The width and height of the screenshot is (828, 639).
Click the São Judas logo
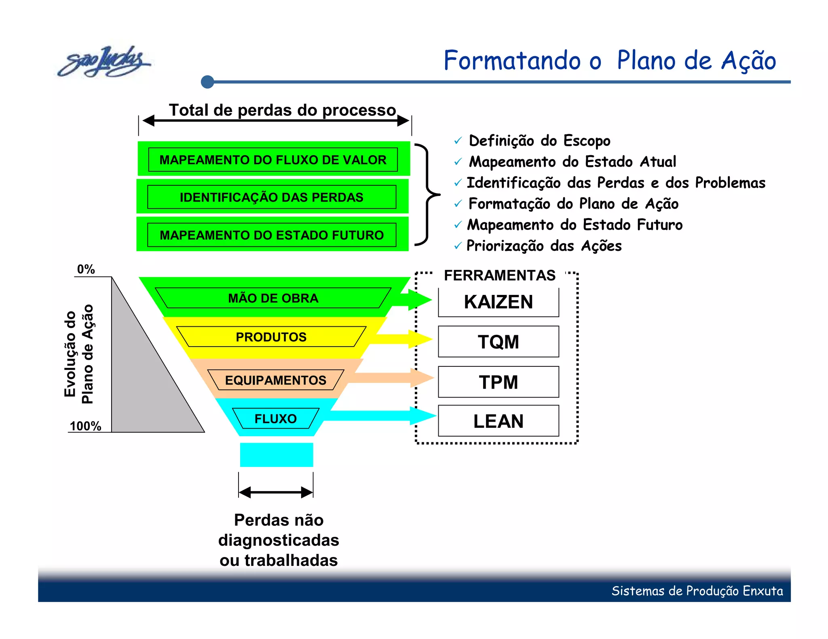point(104,62)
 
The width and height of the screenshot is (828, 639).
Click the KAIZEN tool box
point(498,302)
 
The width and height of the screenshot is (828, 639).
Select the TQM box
point(498,342)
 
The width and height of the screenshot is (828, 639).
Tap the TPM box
point(498,382)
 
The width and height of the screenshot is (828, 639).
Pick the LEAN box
point(498,421)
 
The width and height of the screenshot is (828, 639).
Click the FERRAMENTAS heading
point(499,275)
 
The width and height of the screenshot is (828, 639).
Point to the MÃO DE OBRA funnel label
point(273,298)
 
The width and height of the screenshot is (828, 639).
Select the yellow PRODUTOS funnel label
point(271,337)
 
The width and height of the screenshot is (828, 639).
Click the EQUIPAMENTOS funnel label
point(275,380)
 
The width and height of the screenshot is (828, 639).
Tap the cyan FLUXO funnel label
point(275,419)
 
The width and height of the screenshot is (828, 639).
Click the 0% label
point(86,269)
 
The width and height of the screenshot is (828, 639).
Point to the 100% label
point(85,426)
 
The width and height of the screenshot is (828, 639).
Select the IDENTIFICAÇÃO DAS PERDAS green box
point(272,197)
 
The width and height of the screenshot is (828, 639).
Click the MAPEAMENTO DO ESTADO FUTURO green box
point(272,235)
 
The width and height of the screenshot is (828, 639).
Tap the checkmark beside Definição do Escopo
point(458,141)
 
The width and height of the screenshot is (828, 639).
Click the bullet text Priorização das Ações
point(544,246)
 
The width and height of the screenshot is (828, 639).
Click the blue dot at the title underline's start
point(207,82)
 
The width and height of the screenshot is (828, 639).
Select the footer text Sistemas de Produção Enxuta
point(697,591)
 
